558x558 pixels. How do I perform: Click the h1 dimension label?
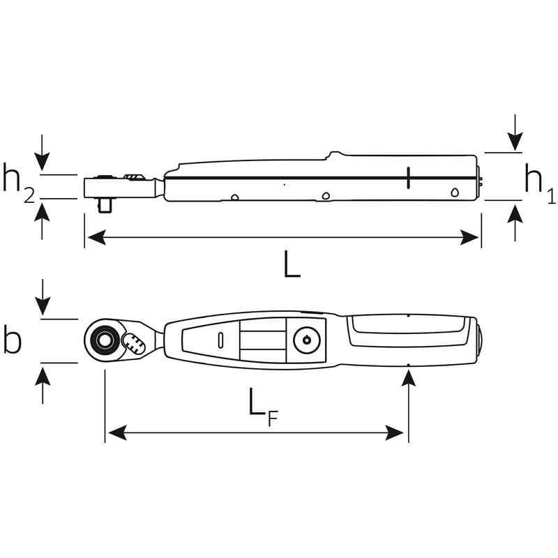[x=539, y=186]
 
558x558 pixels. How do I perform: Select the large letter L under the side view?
[x=292, y=265]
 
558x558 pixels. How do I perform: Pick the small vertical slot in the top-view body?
[x=220, y=340]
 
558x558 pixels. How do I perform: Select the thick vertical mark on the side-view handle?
[x=408, y=178]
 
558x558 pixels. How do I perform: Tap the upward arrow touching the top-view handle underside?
[x=409, y=377]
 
